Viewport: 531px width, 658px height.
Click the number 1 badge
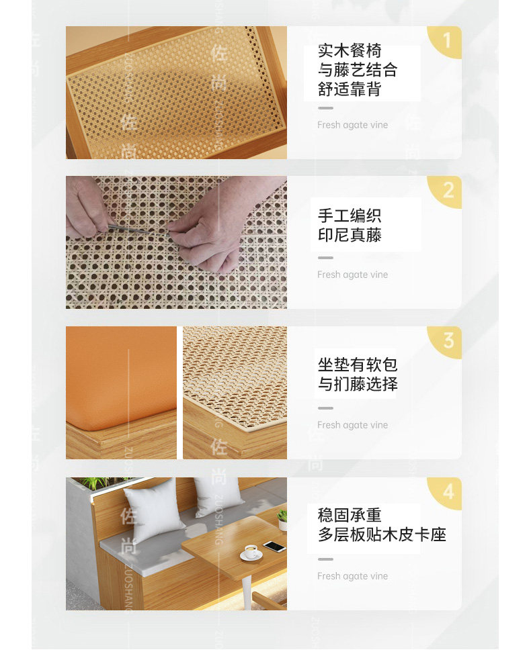tap(446, 41)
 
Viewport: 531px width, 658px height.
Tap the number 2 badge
tap(448, 191)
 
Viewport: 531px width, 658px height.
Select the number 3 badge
tap(448, 341)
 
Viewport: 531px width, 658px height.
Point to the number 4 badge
tap(448, 491)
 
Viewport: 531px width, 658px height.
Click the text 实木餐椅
tap(350, 51)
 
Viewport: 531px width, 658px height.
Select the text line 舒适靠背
tap(350, 89)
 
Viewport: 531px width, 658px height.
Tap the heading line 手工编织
tap(350, 216)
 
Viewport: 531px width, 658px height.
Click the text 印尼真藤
tap(350, 235)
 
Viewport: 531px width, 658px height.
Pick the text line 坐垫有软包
tap(358, 365)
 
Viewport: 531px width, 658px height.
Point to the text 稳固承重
tap(350, 515)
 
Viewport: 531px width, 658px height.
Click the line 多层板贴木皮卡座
tap(382, 534)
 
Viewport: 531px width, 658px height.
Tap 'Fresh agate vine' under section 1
tap(352, 125)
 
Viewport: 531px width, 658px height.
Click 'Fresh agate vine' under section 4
tap(352, 576)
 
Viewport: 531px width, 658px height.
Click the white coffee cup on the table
tap(251, 551)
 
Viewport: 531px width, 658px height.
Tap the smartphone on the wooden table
tap(274, 546)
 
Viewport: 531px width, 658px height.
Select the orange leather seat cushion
tap(122, 377)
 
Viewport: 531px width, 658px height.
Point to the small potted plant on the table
tap(282, 518)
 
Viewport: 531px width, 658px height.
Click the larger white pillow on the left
tap(153, 509)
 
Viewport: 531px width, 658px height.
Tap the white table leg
tap(246, 592)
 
